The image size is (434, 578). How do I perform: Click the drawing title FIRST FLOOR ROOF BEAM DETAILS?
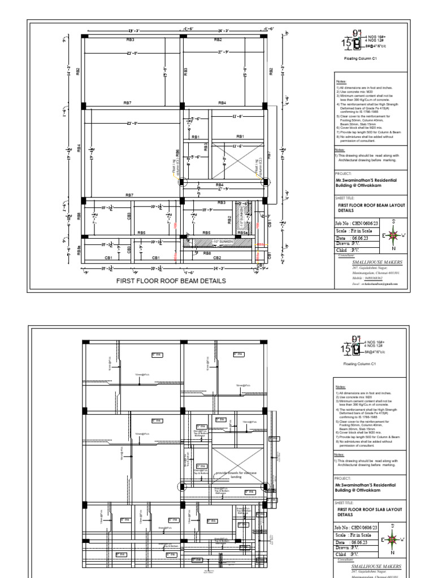point(171,281)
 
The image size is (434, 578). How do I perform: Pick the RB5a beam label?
point(241,233)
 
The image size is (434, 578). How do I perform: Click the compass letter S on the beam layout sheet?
point(393,221)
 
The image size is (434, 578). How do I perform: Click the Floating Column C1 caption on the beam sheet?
point(360,58)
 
